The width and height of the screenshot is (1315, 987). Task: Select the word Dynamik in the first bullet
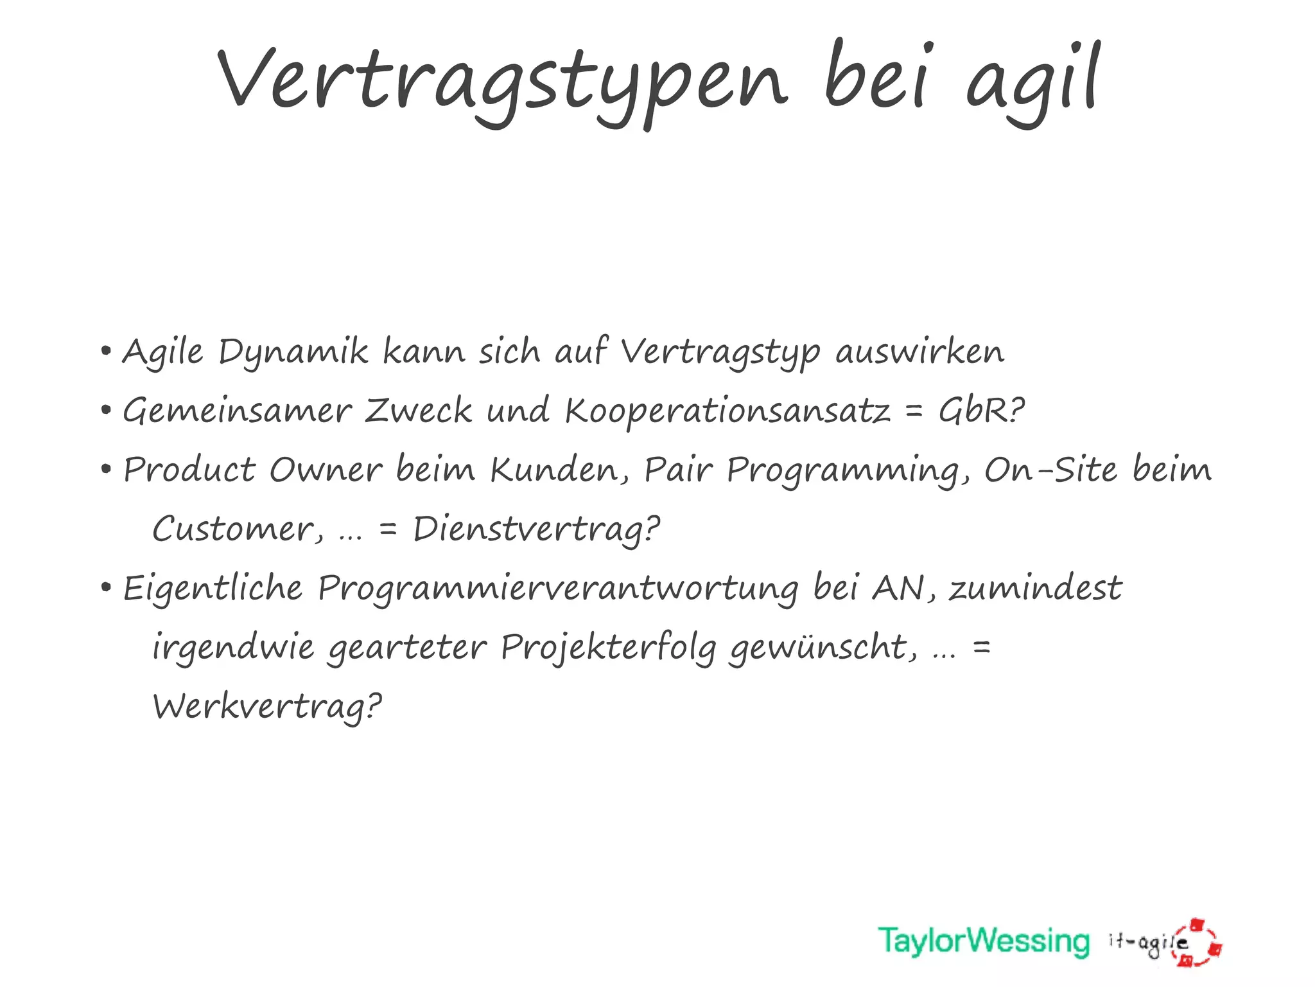(293, 353)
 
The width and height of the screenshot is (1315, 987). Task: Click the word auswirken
(919, 353)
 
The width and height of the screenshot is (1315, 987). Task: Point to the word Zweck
(418, 411)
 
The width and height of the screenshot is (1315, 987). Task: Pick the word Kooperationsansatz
(727, 411)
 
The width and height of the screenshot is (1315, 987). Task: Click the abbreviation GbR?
(981, 411)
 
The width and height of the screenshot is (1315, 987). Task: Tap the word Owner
(326, 470)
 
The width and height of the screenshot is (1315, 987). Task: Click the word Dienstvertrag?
(536, 531)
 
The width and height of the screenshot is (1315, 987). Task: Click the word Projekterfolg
(608, 648)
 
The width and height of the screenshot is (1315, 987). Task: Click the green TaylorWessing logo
(984, 942)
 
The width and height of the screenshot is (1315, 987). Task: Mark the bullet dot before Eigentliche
(107, 587)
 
